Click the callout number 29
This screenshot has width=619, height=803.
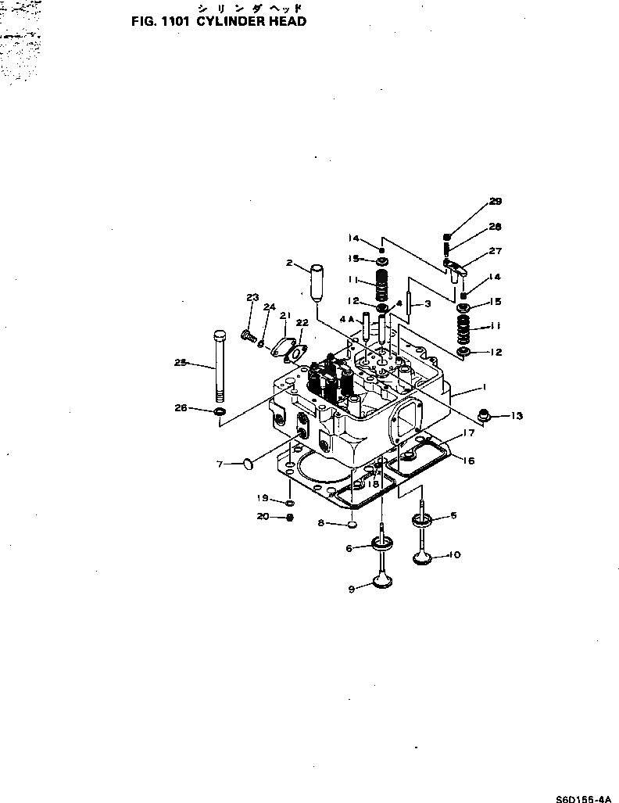click(496, 202)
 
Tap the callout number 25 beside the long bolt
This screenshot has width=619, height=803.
click(181, 362)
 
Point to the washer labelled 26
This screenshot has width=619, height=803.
click(220, 410)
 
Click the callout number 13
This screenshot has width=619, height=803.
click(517, 415)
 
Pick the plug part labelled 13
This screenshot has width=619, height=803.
click(484, 415)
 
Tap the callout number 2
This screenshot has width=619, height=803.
click(289, 263)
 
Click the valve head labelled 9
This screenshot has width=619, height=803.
click(383, 583)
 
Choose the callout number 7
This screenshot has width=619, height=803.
click(220, 464)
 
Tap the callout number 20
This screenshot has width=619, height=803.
click(263, 516)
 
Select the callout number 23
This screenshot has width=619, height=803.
click(252, 297)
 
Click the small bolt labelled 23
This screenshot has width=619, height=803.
click(248, 336)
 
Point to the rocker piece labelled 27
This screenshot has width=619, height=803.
click(456, 267)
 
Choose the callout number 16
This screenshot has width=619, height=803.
click(469, 461)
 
